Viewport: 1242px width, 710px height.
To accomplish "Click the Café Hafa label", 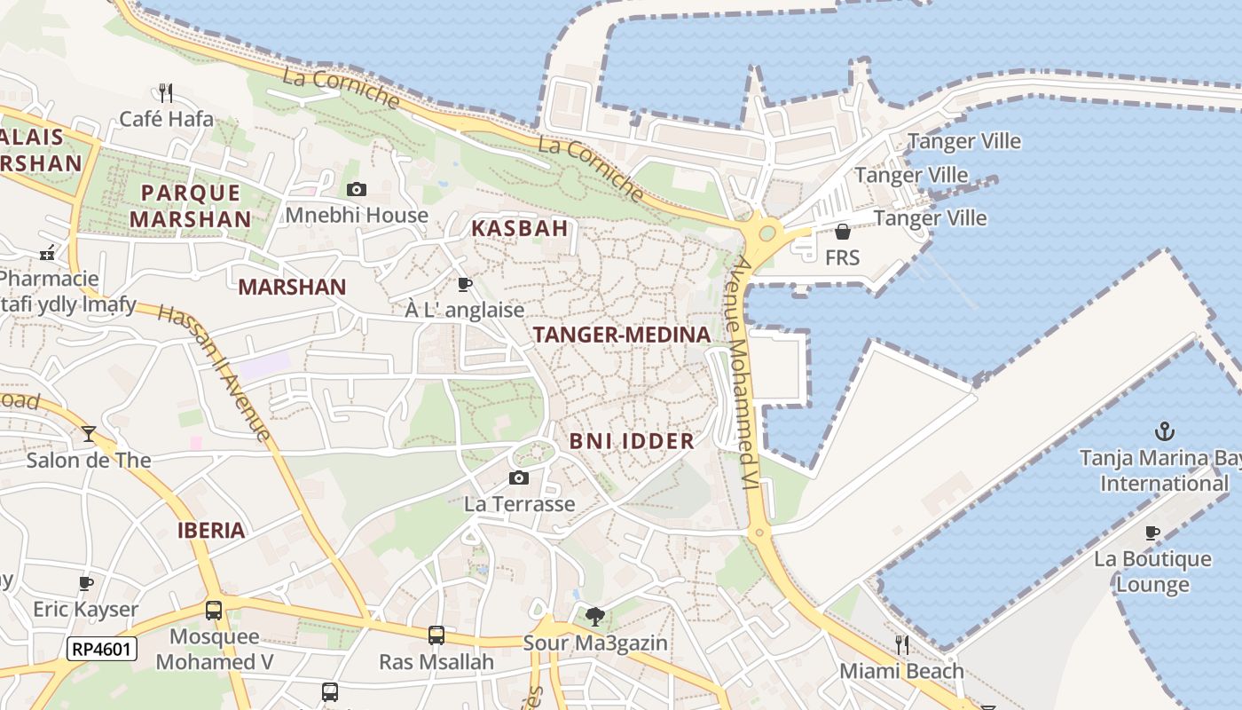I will pyautogui.click(x=166, y=118).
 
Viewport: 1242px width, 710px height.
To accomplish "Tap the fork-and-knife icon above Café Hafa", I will pyautogui.click(x=166, y=92).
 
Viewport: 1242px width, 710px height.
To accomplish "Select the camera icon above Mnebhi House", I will pyautogui.click(x=357, y=189).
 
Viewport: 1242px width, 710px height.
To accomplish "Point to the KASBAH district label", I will pyautogui.click(x=519, y=228).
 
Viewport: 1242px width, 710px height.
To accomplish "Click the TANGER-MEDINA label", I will pyautogui.click(x=622, y=335).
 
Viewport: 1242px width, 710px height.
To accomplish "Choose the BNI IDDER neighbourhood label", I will pyautogui.click(x=632, y=441).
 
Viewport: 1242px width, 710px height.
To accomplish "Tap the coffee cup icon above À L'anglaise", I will pyautogui.click(x=464, y=284).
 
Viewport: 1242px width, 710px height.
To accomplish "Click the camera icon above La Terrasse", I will pyautogui.click(x=519, y=478).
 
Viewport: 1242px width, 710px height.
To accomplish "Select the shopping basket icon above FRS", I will pyautogui.click(x=842, y=232).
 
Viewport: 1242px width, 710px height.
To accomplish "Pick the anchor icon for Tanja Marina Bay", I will pyautogui.click(x=1164, y=432).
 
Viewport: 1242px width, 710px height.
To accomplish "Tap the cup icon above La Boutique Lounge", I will pyautogui.click(x=1152, y=532).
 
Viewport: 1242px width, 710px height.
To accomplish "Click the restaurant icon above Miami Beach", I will pyautogui.click(x=901, y=644).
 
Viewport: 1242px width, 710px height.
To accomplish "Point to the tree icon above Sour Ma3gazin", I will pyautogui.click(x=595, y=616).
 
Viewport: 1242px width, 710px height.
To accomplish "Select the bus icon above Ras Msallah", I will pyautogui.click(x=436, y=635).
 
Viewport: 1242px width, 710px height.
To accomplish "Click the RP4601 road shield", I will pyautogui.click(x=102, y=649).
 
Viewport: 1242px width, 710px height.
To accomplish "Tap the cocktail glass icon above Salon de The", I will pyautogui.click(x=89, y=434).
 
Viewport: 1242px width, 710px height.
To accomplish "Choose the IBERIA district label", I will pyautogui.click(x=211, y=531).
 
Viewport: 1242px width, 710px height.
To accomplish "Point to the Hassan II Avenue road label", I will pyautogui.click(x=215, y=372).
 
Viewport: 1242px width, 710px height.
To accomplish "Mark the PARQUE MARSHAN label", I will pyautogui.click(x=191, y=205).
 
